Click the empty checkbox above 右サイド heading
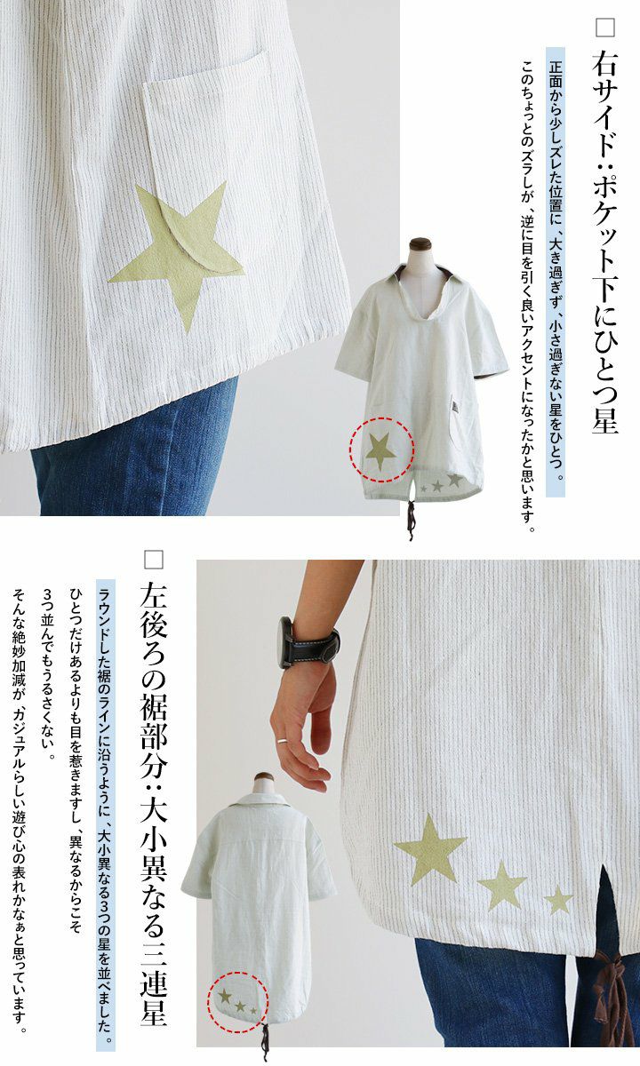(605, 28)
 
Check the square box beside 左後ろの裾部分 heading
(153, 560)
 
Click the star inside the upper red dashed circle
(380, 450)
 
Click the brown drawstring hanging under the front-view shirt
(411, 520)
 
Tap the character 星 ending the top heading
(604, 418)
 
